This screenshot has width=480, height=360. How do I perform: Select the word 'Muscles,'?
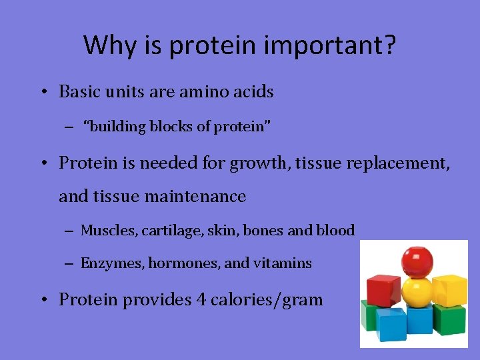tap(106, 231)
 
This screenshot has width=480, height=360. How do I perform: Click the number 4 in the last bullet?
tap(201, 299)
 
